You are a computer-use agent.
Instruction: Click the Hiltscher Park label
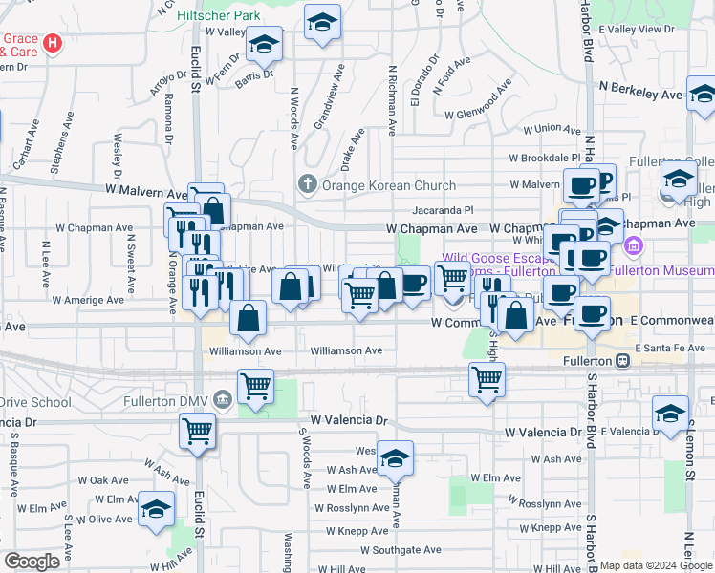pyautogui.click(x=220, y=16)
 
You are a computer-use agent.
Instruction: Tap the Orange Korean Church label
pyautogui.click(x=388, y=185)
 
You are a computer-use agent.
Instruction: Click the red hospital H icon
pyautogui.click(x=54, y=43)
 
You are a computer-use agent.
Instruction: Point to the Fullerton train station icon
pyautogui.click(x=622, y=361)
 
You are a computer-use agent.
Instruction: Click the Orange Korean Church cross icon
pyautogui.click(x=308, y=185)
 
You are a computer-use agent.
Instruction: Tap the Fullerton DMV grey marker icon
pyautogui.click(x=223, y=397)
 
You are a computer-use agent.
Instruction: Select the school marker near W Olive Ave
pyautogui.click(x=156, y=508)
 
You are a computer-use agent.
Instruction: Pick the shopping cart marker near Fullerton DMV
pyautogui.click(x=255, y=387)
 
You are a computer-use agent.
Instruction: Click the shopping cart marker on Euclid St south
pyautogui.click(x=197, y=431)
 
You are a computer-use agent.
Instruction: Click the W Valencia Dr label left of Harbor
pyautogui.click(x=543, y=432)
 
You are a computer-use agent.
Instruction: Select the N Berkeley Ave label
pyautogui.click(x=640, y=94)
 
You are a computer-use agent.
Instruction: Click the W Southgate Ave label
pyautogui.click(x=406, y=550)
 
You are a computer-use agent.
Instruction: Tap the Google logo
pyautogui.click(x=32, y=562)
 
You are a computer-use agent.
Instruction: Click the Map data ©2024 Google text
pyautogui.click(x=655, y=565)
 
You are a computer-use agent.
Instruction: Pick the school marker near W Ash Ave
pyautogui.click(x=395, y=458)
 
